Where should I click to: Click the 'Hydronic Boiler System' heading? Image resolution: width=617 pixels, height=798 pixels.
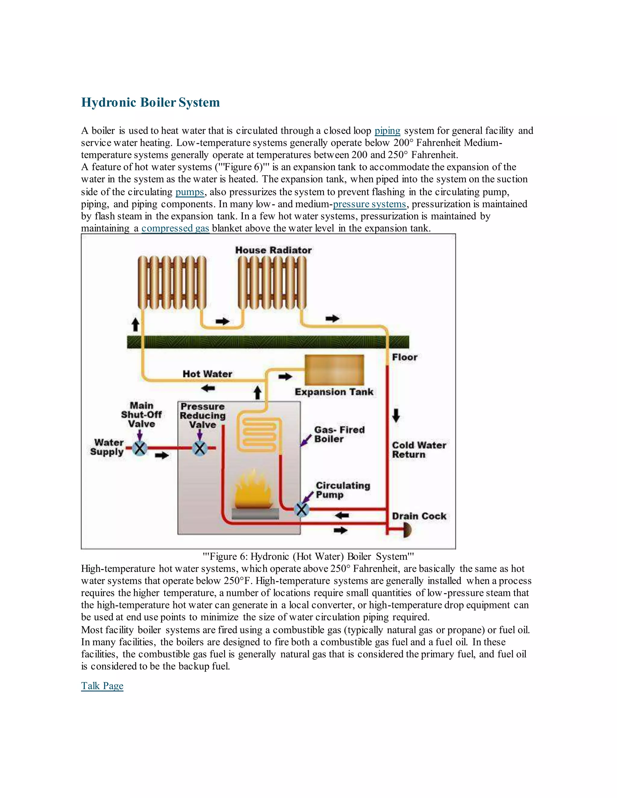150,102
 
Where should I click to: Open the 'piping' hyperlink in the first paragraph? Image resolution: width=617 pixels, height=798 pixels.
387,131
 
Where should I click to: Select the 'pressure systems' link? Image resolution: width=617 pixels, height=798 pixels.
369,204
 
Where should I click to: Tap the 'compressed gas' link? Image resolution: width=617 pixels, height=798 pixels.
175,228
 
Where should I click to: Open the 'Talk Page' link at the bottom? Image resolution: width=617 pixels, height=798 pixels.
102,686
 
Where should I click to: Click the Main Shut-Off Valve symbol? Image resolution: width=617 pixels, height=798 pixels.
139,448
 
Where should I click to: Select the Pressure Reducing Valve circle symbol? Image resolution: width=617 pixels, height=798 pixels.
199,448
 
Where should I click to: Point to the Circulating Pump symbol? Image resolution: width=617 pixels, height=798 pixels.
302,509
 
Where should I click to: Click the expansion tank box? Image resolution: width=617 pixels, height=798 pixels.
334,370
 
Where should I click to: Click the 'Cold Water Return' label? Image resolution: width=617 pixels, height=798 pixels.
418,450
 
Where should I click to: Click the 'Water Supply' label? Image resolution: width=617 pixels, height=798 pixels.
107,447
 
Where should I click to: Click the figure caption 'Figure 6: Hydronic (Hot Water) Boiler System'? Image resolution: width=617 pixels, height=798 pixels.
308,556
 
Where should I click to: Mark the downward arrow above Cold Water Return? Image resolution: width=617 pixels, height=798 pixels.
396,416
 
